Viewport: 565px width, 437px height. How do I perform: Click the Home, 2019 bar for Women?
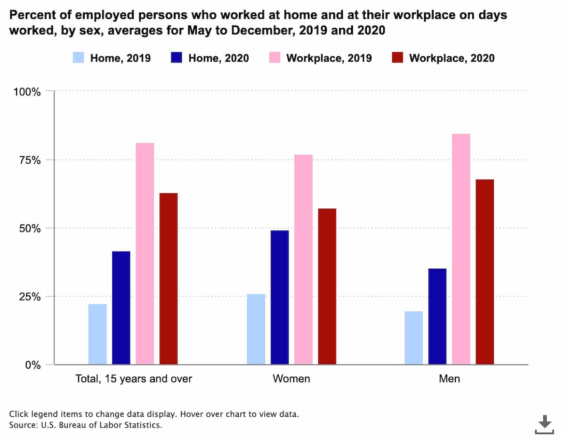[256, 329]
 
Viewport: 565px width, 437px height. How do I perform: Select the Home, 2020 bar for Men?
[437, 317]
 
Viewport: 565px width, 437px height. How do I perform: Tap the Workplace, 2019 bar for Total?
[145, 254]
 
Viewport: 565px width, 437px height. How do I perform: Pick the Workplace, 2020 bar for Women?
[327, 286]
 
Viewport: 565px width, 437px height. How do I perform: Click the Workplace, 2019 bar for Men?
[461, 249]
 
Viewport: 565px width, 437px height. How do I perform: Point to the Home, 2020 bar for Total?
[121, 308]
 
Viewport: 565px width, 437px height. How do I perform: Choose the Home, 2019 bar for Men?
[414, 338]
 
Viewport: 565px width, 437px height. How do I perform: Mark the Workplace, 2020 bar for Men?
[485, 272]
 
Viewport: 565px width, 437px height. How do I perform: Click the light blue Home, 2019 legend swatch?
[79, 58]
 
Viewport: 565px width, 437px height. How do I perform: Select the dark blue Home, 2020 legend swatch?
[177, 58]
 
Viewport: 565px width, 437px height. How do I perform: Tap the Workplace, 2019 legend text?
[329, 58]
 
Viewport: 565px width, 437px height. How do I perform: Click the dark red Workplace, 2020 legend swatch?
[398, 58]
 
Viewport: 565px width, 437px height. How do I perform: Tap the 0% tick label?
[33, 365]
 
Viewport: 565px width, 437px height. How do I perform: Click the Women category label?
[291, 379]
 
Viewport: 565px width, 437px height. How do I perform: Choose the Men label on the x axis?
[449, 379]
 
